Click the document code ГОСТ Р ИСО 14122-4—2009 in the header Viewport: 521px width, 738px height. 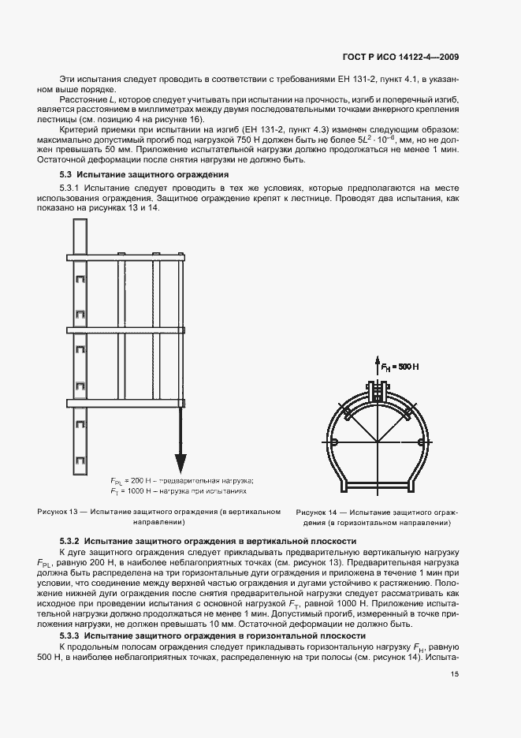(402, 57)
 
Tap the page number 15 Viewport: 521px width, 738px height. (456, 673)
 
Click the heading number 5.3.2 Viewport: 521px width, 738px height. (73, 541)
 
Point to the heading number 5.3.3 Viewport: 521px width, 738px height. (73, 635)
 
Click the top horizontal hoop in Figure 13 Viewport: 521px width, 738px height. (126, 257)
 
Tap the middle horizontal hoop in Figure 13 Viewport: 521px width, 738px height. (126, 329)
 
